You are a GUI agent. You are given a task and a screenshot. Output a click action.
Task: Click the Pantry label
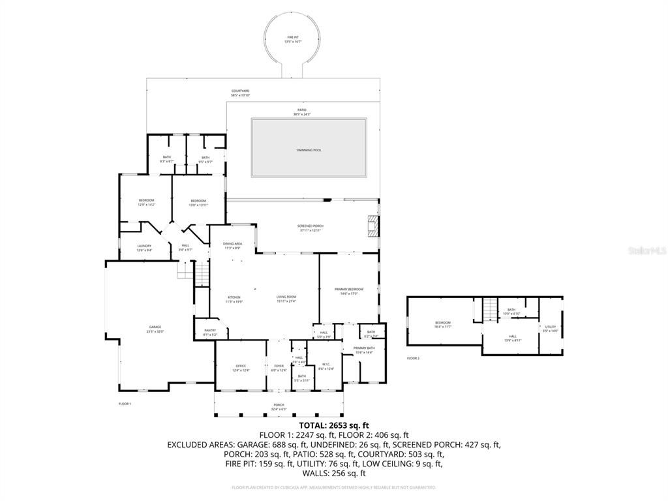[210, 331]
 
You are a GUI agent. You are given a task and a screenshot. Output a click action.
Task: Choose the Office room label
[241, 367]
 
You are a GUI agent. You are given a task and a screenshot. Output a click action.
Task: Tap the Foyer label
[279, 367]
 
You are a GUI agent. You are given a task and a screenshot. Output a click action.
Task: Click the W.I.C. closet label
[326, 366]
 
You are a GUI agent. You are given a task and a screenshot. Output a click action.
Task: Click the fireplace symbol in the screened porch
[372, 226]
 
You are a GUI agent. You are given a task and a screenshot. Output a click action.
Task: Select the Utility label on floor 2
[551, 327]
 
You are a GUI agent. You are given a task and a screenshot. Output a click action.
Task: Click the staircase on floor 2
[489, 309]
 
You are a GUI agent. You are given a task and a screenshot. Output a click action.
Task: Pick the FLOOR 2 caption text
[413, 358]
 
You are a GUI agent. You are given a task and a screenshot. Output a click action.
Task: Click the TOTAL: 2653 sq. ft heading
[333, 425]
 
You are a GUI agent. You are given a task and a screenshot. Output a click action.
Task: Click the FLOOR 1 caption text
[125, 404]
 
